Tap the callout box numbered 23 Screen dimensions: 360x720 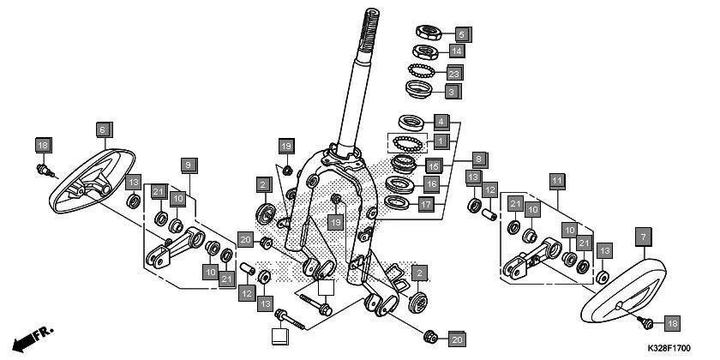pos(454,72)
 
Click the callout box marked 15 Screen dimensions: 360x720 pos(435,165)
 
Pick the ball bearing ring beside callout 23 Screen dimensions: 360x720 pos(421,71)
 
